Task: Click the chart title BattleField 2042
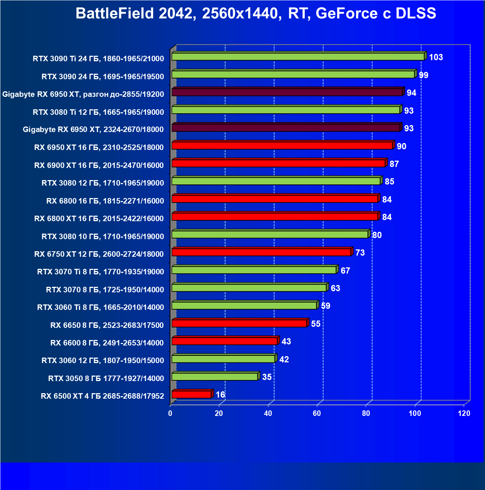[x=256, y=14]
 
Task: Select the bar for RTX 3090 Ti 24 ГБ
[x=298, y=57]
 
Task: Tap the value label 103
[x=436, y=57]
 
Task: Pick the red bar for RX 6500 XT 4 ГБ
[x=191, y=395]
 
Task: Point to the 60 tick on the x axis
[x=317, y=413]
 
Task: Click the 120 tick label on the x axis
[x=464, y=413]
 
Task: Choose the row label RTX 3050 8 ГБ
[x=106, y=378]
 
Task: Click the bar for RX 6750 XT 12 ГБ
[x=261, y=252]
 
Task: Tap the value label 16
[x=220, y=395]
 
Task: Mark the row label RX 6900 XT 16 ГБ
[x=99, y=165]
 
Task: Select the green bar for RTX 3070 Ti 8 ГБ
[x=254, y=270]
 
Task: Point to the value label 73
[x=360, y=253]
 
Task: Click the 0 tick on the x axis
[x=170, y=413]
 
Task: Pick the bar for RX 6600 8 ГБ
[x=224, y=341]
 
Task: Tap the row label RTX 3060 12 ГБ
[x=103, y=361]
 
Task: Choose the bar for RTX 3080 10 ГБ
[x=270, y=235]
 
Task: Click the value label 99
[x=424, y=75]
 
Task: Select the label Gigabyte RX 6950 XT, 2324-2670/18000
[x=93, y=129]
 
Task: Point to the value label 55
[x=316, y=324]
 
